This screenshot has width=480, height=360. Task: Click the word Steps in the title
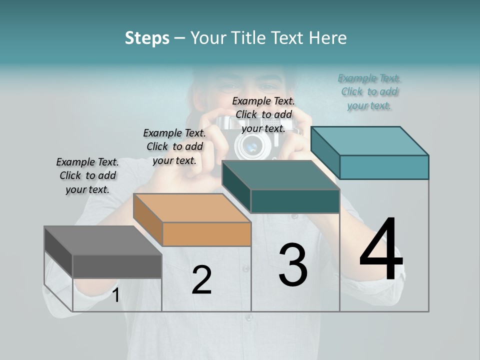coord(147,38)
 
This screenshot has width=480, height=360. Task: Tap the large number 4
coord(381,250)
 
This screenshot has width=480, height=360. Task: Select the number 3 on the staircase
coord(293,265)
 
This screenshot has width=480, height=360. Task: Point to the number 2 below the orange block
coord(201,280)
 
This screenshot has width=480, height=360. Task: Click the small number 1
coord(115,295)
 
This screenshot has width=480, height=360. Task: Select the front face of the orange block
coord(206,234)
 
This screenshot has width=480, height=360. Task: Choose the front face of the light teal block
coord(384,167)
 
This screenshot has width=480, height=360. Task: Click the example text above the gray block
coord(87,175)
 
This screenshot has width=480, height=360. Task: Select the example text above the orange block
coord(174,146)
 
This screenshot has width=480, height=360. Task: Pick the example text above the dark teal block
coord(263,114)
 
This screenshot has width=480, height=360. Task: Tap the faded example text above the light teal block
coord(369,91)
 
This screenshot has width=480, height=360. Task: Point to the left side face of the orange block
coord(148,219)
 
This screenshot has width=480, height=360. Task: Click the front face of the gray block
coord(117,266)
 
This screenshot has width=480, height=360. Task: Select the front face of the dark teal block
coord(295,201)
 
